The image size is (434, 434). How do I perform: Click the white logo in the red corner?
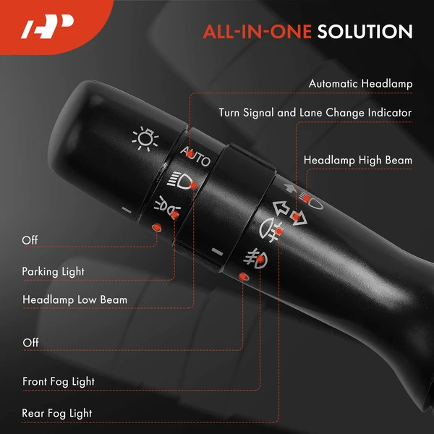(x=47, y=26)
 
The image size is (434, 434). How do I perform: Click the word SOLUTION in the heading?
(x=365, y=31)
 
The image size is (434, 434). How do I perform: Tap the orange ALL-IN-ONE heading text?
(x=257, y=31)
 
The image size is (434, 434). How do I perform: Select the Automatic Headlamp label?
(x=360, y=84)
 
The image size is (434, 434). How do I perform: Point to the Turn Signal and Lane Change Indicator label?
(x=315, y=113)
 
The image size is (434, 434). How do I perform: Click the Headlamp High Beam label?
(x=358, y=161)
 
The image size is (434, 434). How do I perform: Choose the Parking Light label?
(x=53, y=271)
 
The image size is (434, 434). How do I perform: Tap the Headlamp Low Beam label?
(x=75, y=299)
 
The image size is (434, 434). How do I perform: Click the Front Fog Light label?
(x=59, y=382)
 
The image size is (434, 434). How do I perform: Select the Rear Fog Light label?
(x=56, y=413)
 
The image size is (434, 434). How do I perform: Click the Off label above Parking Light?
(x=30, y=240)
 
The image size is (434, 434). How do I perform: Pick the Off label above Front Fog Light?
(x=30, y=343)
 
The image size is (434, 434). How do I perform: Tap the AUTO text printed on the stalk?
(x=195, y=157)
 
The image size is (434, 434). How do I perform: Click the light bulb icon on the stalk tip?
(x=145, y=138)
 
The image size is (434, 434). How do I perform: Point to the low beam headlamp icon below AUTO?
(x=181, y=180)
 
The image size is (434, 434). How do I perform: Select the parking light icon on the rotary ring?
(x=167, y=206)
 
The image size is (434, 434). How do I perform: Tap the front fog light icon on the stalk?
(x=255, y=259)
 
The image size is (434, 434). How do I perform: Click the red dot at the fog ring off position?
(x=243, y=276)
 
